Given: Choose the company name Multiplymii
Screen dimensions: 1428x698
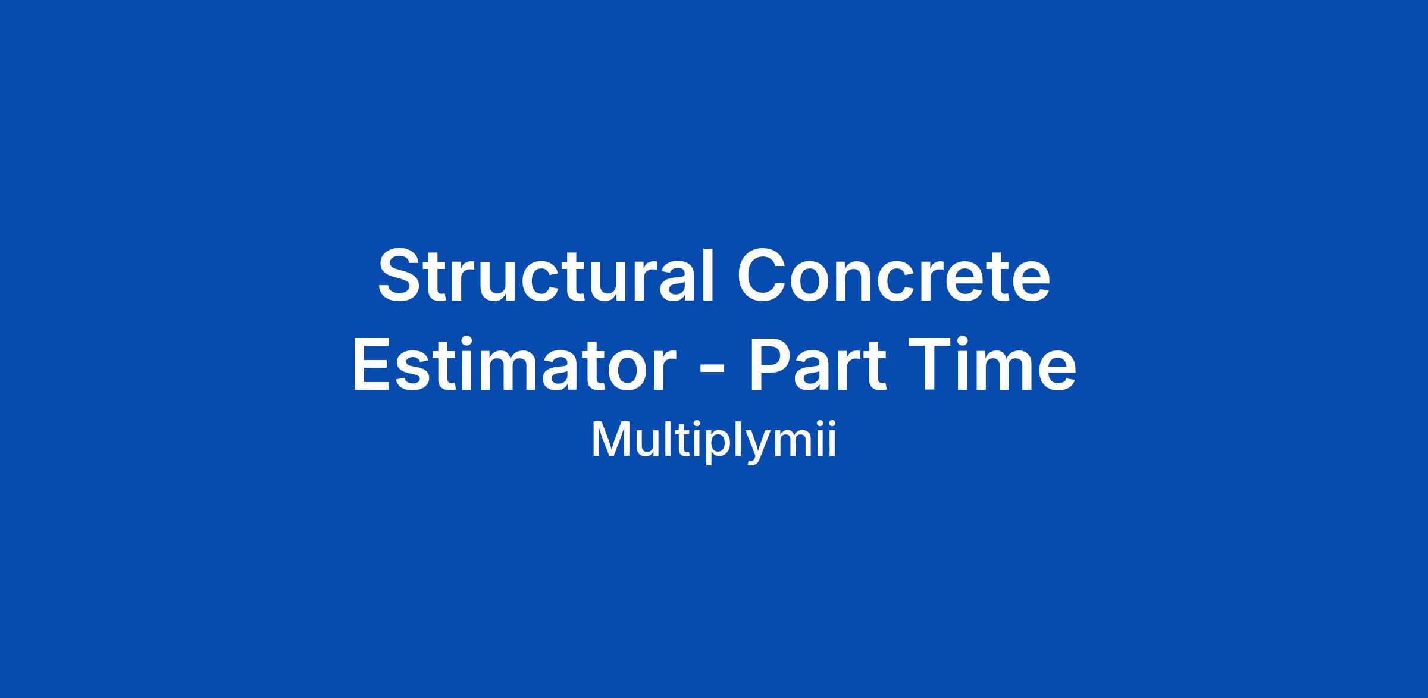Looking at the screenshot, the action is [714, 441].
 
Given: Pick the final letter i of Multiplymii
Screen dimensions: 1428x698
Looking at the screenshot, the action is [832, 439].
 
